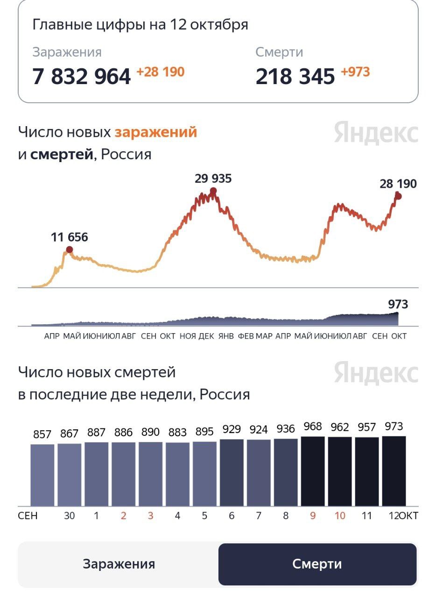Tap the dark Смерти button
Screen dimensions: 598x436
(x=317, y=564)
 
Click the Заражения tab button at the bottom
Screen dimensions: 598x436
(x=119, y=564)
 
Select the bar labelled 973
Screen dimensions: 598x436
(x=394, y=471)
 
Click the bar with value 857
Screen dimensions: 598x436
(x=42, y=475)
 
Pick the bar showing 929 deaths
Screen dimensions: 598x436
(x=232, y=472)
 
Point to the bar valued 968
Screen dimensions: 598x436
(x=313, y=471)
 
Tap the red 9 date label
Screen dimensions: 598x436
(x=312, y=516)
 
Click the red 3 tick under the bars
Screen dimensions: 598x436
(x=150, y=516)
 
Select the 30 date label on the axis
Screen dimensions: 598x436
(x=69, y=516)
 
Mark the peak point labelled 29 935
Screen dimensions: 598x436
(x=213, y=191)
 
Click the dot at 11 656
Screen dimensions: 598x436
(x=69, y=249)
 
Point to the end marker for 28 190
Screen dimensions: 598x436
(x=398, y=196)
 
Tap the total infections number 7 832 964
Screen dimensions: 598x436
(x=81, y=77)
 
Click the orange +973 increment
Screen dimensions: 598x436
(x=355, y=72)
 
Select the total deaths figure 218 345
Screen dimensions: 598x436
(x=295, y=77)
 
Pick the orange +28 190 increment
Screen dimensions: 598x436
(x=160, y=72)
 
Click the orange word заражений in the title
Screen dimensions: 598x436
(x=156, y=132)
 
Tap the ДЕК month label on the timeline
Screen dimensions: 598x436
(x=206, y=336)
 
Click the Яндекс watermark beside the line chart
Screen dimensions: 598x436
(x=376, y=133)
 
